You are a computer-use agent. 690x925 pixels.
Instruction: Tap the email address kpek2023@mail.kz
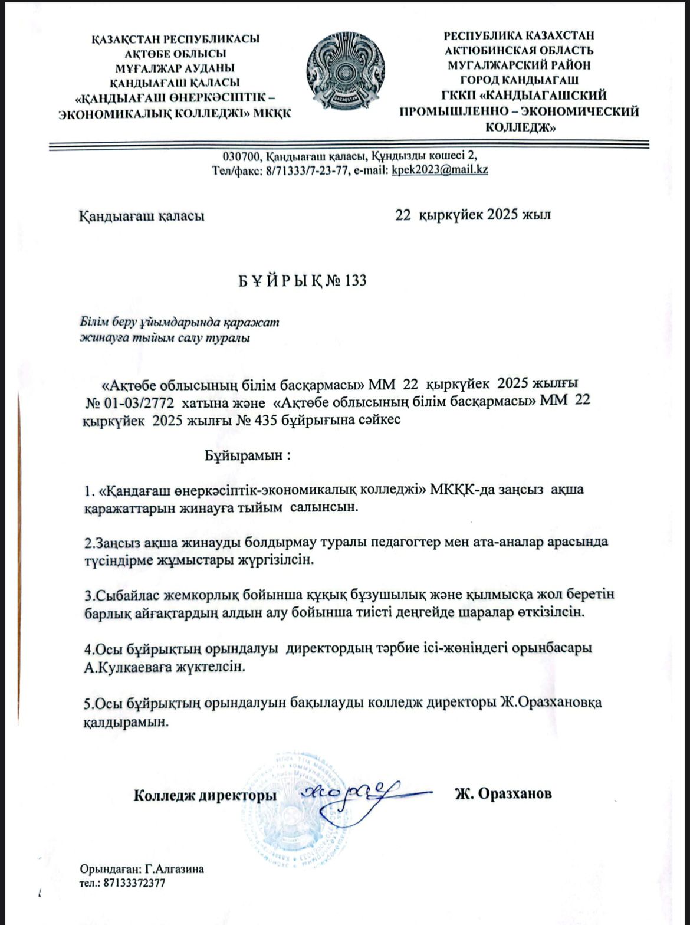(x=440, y=170)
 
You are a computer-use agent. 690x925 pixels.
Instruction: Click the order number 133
(x=354, y=281)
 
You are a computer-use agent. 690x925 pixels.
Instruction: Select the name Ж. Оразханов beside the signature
(x=502, y=794)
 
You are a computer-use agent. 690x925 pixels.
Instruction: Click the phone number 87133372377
(x=134, y=884)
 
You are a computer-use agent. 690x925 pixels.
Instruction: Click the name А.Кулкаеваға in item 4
(x=124, y=667)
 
